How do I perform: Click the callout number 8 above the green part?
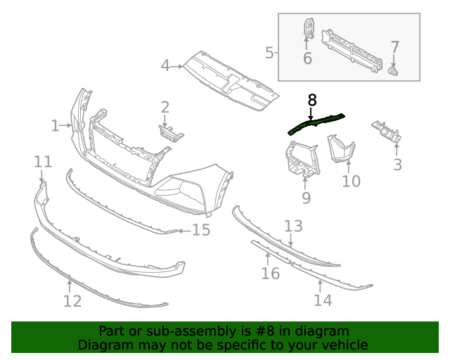312,100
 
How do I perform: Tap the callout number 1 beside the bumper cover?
55,126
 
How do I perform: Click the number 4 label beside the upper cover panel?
165,66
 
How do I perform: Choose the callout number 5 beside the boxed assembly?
269,52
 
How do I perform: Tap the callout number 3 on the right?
397,165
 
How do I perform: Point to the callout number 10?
351,181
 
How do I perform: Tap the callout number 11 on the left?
43,162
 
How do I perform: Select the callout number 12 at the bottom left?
72,301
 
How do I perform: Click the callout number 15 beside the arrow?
201,230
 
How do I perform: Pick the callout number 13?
293,226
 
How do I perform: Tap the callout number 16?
271,273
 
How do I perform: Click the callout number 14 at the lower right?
323,300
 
